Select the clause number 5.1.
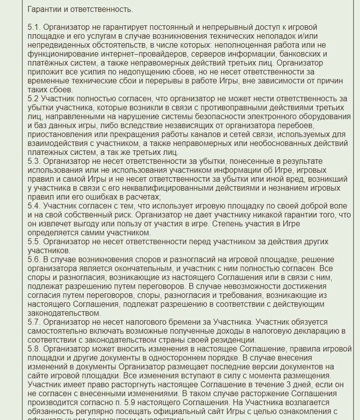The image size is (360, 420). (x=34, y=27)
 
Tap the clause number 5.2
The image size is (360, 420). (x=33, y=99)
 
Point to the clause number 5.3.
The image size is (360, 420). (x=34, y=161)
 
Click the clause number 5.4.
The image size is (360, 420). (x=34, y=206)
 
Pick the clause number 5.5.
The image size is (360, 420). (x=34, y=242)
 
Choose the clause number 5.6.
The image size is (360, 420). (x=34, y=260)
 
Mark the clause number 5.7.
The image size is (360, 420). (x=34, y=322)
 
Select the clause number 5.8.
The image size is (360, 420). (x=34, y=349)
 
